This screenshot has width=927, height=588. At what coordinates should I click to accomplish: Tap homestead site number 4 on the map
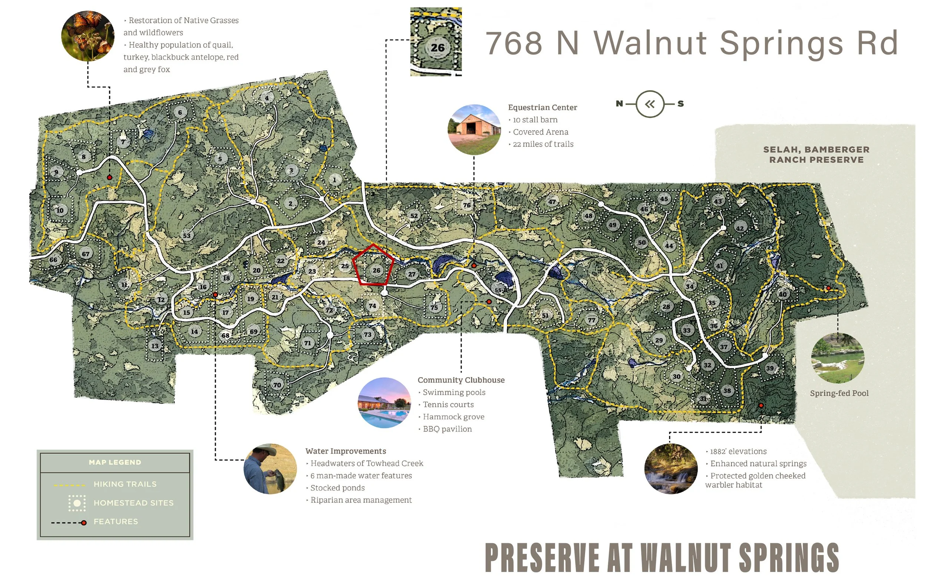pyautogui.click(x=266, y=98)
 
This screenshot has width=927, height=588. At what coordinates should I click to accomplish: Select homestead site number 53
pyautogui.click(x=187, y=235)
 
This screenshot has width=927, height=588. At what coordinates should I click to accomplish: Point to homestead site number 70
pyautogui.click(x=277, y=384)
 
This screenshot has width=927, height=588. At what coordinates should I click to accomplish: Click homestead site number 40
pyautogui.click(x=783, y=294)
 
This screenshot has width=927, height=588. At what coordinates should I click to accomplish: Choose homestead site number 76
pyautogui.click(x=466, y=205)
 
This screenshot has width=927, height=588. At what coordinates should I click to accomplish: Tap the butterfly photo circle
pyautogui.click(x=88, y=36)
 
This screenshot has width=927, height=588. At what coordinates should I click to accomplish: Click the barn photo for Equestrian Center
pyautogui.click(x=474, y=130)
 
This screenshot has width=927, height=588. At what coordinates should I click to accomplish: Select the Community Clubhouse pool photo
pyautogui.click(x=384, y=403)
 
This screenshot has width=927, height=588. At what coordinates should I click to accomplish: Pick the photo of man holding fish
pyautogui.click(x=270, y=468)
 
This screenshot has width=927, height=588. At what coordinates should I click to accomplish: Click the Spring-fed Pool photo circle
pyautogui.click(x=837, y=358)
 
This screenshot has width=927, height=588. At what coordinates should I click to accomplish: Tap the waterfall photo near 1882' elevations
pyautogui.click(x=671, y=468)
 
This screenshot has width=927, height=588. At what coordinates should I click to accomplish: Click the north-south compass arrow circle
pyautogui.click(x=650, y=104)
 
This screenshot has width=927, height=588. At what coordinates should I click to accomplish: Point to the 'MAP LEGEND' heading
pyautogui.click(x=115, y=462)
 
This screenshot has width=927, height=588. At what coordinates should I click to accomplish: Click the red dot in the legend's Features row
pyautogui.click(x=83, y=523)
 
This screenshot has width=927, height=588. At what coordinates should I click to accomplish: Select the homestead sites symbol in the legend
pyautogui.click(x=77, y=503)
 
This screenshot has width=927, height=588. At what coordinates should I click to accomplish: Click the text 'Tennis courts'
pyautogui.click(x=448, y=404)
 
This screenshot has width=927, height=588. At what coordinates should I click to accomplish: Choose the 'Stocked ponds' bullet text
pyautogui.click(x=337, y=488)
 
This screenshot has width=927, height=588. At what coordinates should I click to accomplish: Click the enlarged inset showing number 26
pyautogui.click(x=436, y=42)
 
